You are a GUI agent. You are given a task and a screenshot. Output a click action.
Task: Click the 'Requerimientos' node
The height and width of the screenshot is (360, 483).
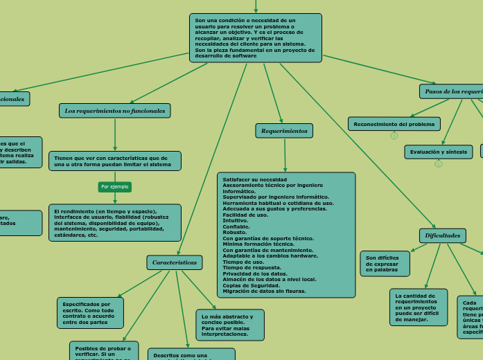pyautogui.click(x=284, y=131)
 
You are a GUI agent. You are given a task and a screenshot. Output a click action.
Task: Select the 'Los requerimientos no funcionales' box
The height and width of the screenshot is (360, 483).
pyautogui.click(x=115, y=111)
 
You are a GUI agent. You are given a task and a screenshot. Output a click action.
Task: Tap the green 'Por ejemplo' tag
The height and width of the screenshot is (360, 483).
pyautogui.click(x=114, y=187)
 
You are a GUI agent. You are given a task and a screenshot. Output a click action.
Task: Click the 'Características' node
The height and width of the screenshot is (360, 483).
pyautogui.click(x=175, y=262)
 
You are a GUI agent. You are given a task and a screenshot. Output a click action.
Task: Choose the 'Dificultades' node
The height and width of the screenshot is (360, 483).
pyautogui.click(x=442, y=235)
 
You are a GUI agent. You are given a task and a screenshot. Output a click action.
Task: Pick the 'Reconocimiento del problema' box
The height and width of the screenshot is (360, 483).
pyautogui.click(x=394, y=124)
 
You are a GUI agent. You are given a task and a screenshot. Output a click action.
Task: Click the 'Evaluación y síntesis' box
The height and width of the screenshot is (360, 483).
pyautogui.click(x=438, y=152)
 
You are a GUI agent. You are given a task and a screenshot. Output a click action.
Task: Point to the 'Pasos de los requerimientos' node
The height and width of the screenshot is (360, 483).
pyautogui.click(x=452, y=91)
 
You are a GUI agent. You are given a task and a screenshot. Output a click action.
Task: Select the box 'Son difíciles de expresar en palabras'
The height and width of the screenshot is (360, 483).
pyautogui.click(x=385, y=263)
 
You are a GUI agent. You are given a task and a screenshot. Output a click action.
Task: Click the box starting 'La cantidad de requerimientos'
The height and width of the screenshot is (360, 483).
pyautogui.click(x=418, y=307)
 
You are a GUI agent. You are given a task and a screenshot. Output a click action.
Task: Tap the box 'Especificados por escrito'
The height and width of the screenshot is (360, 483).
pyautogui.click(x=90, y=313)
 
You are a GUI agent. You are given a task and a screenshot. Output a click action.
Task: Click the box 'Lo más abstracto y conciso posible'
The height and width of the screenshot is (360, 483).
pyautogui.click(x=229, y=325)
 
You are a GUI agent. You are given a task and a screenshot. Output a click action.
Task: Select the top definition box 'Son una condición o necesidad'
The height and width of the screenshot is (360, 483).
pyautogui.click(x=255, y=38)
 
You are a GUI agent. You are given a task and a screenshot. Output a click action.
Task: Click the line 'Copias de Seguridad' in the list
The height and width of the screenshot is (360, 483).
pyautogui.click(x=252, y=285)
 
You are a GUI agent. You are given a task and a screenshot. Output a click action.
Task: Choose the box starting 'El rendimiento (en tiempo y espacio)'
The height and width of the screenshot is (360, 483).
pyautogui.click(x=114, y=223)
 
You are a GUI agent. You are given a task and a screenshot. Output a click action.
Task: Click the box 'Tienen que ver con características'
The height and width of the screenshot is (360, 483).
pyautogui.click(x=114, y=161)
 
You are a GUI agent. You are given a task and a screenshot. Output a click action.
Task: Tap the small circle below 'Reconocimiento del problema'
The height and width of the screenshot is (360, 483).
pyautogui.click(x=394, y=136)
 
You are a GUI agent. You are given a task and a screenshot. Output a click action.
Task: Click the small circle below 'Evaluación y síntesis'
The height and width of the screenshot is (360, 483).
pyautogui.click(x=438, y=164)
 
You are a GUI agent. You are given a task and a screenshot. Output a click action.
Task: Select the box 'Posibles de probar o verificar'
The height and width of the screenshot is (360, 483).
pyautogui.click(x=103, y=350)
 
